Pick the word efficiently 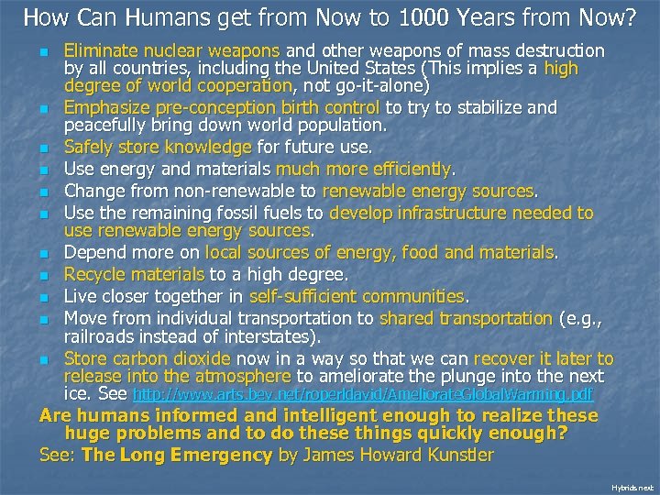coord(407,169)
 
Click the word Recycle coord(93,273)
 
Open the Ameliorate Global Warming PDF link coord(363,394)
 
